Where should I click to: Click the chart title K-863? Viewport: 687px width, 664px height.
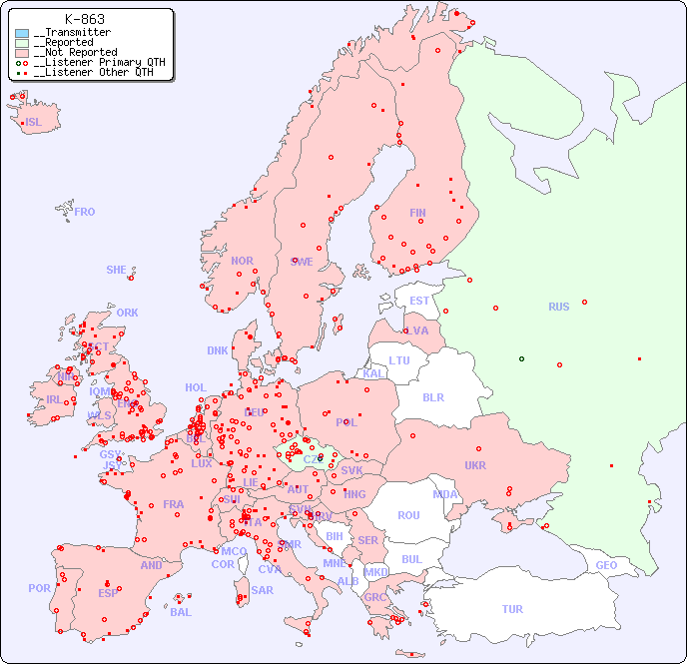[85, 19]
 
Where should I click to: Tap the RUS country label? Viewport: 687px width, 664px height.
[558, 307]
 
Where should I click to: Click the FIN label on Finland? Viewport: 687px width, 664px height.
[417, 213]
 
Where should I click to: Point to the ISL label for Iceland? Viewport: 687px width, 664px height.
[34, 123]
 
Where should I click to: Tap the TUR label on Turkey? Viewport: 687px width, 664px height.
[512, 609]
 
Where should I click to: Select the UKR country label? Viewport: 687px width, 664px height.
[475, 465]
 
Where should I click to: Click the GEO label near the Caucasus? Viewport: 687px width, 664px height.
[606, 565]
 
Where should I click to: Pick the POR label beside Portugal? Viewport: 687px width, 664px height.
[39, 588]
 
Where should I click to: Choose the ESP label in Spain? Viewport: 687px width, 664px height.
[108, 592]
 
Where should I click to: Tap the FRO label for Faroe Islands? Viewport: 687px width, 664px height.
[85, 212]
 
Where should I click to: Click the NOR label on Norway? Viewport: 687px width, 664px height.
[242, 261]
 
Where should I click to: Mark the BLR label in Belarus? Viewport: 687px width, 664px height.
[432, 396]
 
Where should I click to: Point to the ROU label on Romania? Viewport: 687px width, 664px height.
[408, 515]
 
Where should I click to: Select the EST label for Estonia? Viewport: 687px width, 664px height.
[419, 301]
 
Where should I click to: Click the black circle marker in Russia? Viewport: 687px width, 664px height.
[521, 358]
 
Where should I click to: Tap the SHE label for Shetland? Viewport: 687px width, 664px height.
[116, 270]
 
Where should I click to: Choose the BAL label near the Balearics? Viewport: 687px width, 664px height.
[180, 612]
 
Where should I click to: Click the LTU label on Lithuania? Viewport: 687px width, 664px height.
[399, 360]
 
